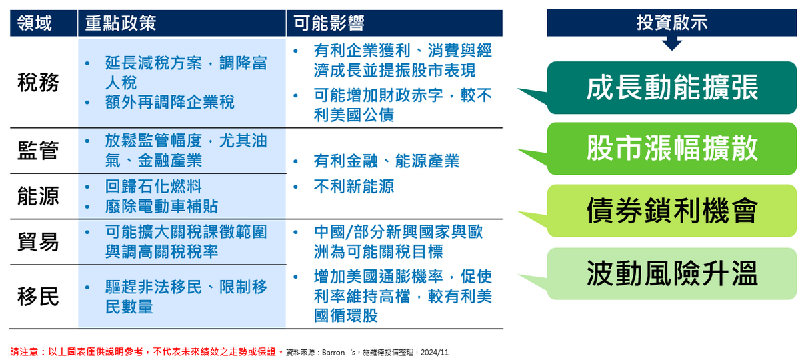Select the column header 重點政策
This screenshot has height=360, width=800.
click(121, 24)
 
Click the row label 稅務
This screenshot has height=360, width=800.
click(38, 83)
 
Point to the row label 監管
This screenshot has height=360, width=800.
click(38, 151)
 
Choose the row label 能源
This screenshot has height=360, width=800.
click(38, 196)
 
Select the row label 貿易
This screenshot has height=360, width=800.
click(38, 242)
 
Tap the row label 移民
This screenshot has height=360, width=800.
click(38, 297)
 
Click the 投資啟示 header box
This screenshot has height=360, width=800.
click(672, 23)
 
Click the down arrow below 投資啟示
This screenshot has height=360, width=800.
click(672, 44)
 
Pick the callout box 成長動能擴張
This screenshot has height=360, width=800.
click(672, 87)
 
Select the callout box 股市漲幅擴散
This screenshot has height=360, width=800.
click(672, 149)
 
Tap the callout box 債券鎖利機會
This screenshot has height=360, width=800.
click(672, 211)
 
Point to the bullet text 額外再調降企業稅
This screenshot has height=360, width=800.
click(169, 102)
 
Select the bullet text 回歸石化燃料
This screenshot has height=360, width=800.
click(153, 186)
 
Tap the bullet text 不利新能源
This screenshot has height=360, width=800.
click(353, 186)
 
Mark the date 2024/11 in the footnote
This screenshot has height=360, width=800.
click(434, 351)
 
